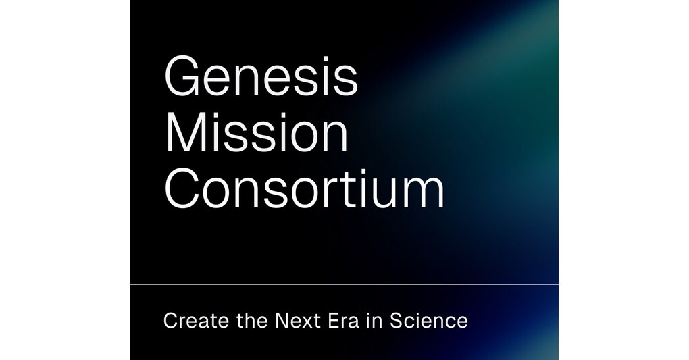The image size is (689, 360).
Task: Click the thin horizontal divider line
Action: pyautogui.click(x=344, y=284)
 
